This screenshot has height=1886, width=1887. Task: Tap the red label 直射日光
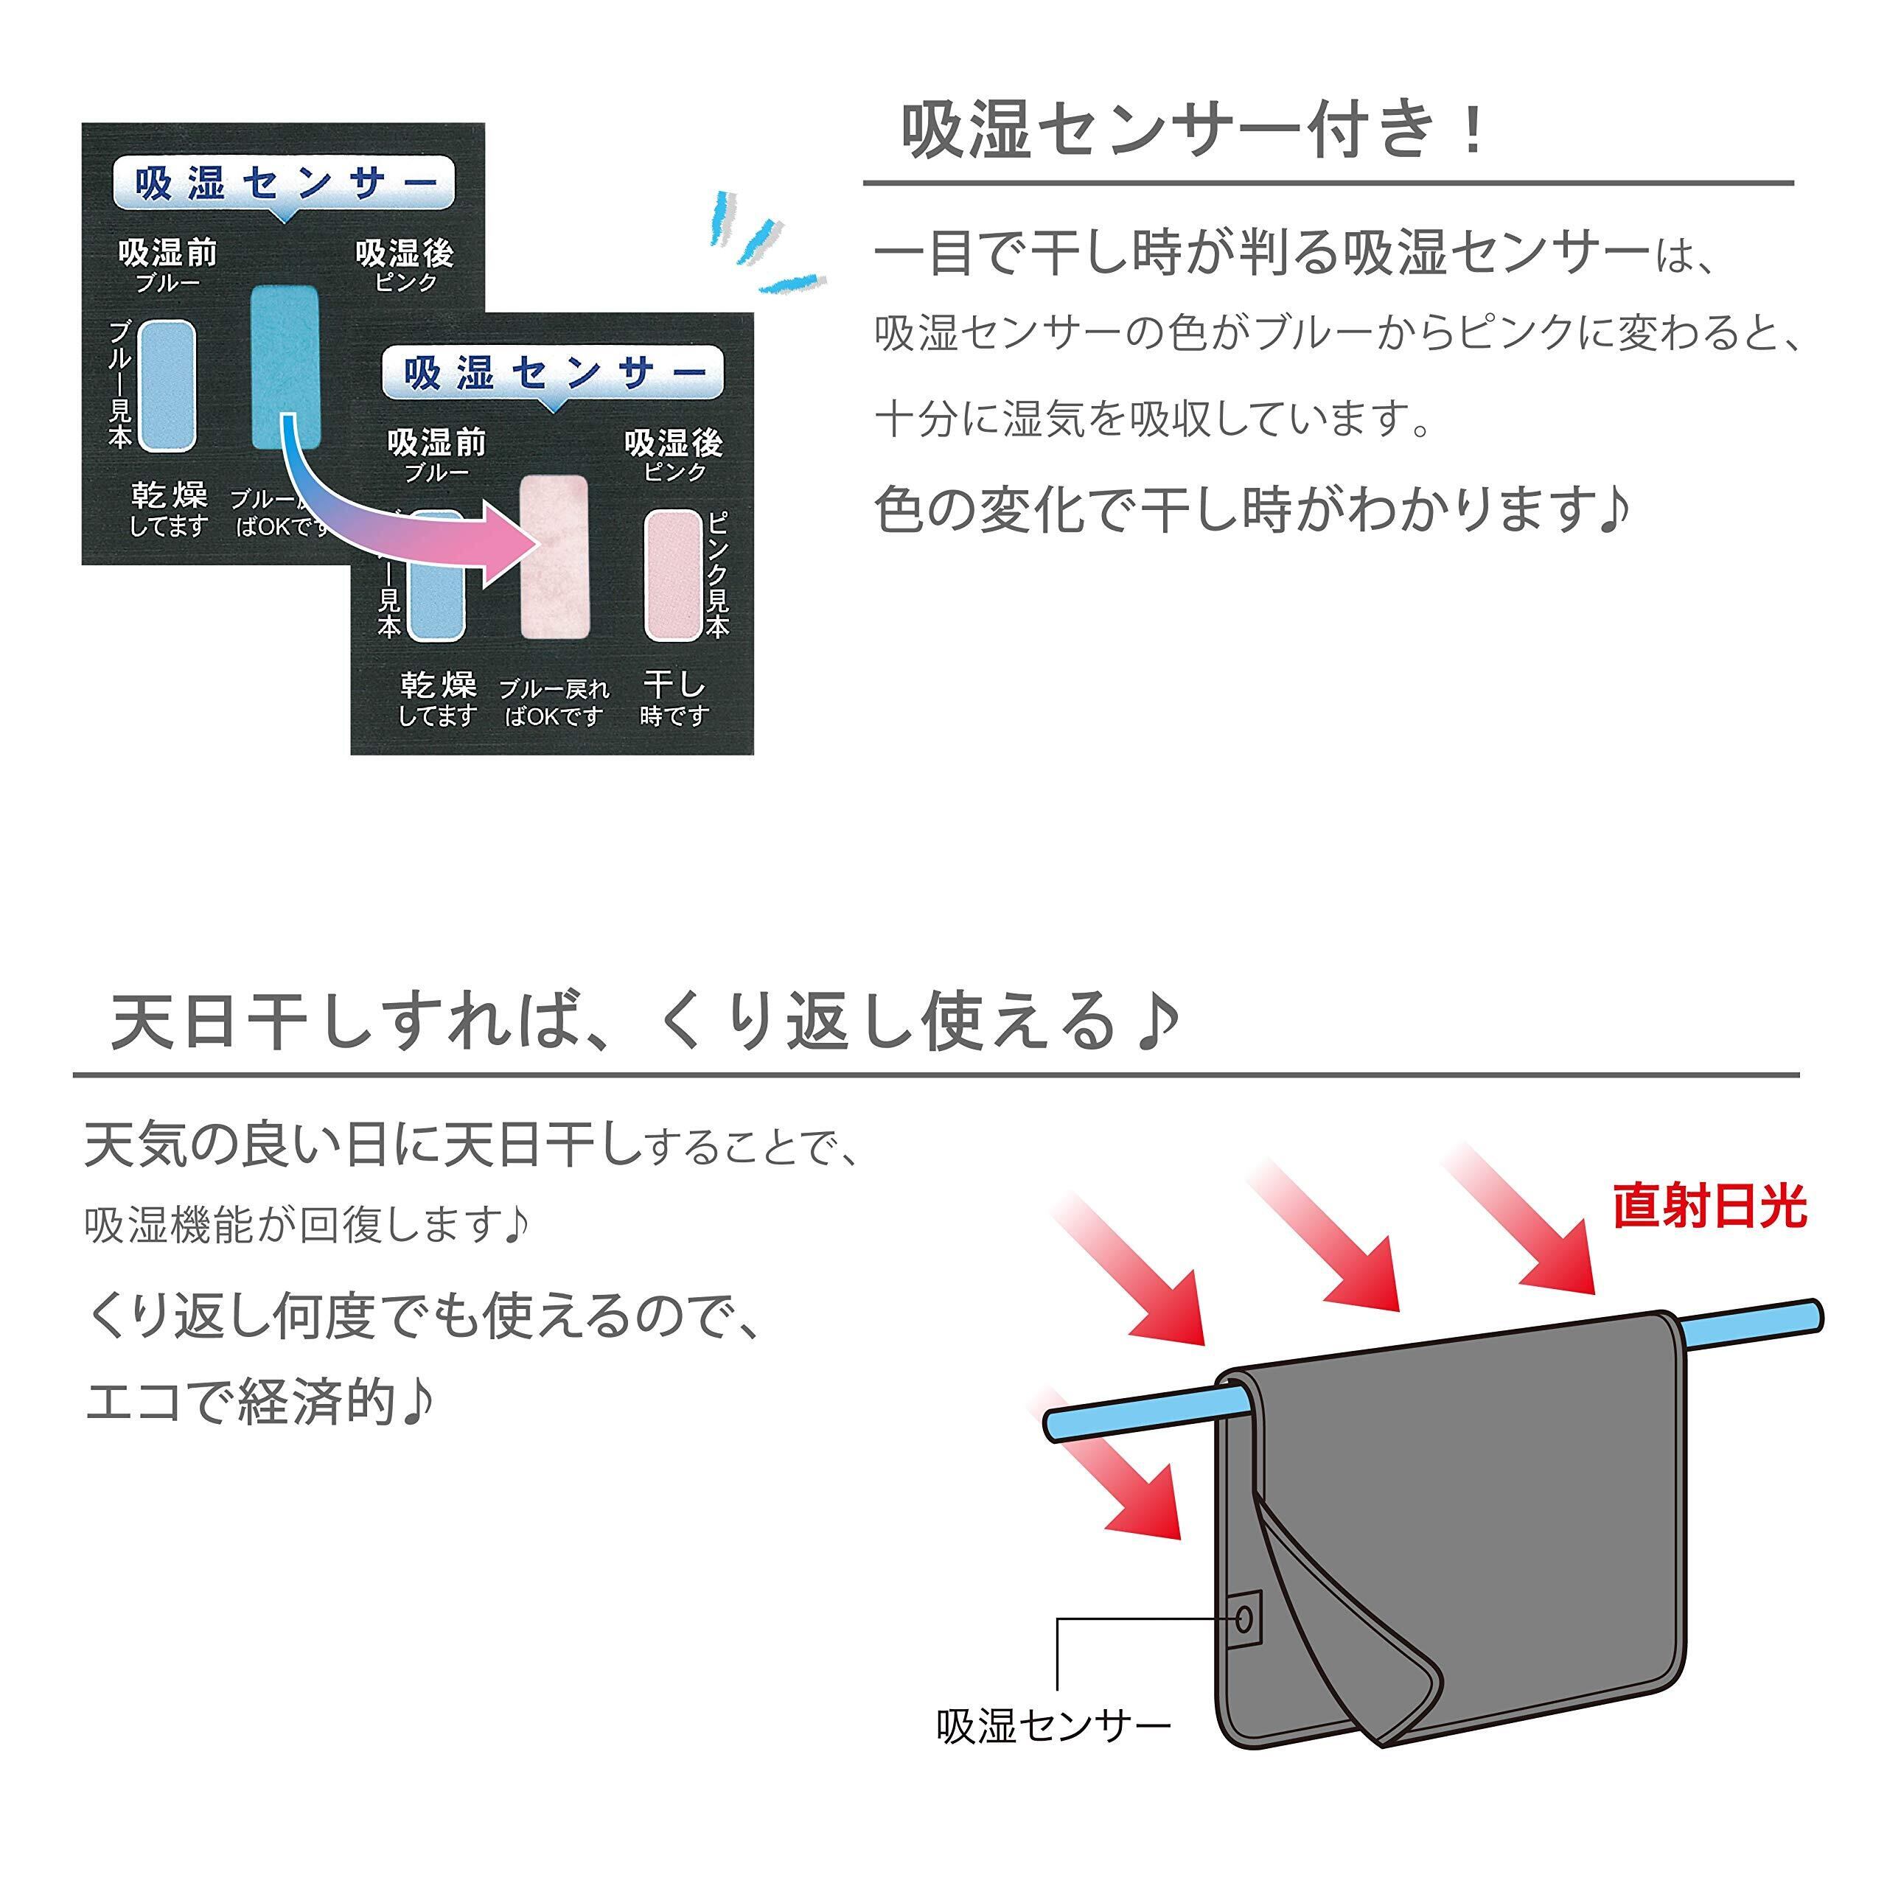pos(1709,1207)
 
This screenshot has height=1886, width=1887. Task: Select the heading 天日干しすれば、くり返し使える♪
pos(645,1021)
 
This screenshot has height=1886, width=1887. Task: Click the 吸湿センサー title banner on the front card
pos(553,373)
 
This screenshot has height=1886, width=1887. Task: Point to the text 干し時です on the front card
pos(673,699)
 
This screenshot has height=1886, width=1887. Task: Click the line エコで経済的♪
pos(259,1403)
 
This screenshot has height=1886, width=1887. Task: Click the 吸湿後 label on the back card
pos(405,254)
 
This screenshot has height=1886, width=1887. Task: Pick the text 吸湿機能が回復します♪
pos(307,1224)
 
